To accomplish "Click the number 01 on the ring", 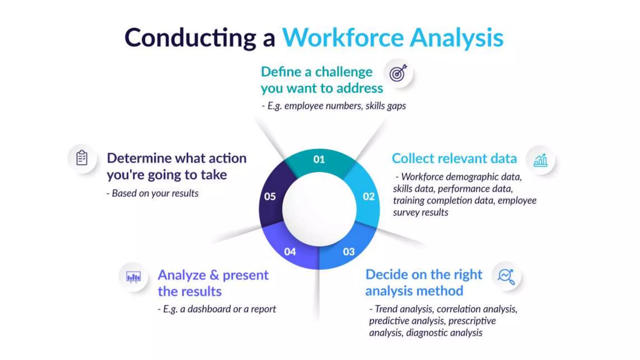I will [319, 159].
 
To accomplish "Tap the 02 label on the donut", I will [369, 196].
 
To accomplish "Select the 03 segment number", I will [349, 252].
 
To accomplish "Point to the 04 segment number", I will [290, 252].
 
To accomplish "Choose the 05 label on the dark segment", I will [270, 196].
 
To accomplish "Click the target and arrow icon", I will [398, 73].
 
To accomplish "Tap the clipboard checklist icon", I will [82, 158].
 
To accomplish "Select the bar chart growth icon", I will [540, 160].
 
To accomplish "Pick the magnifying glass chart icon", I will [506, 276].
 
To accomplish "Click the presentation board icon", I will [133, 277].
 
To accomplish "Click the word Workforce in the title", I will [343, 38].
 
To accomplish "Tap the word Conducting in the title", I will [190, 38].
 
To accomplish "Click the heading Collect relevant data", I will [454, 158].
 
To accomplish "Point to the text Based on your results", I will [155, 193].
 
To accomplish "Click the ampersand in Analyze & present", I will [214, 275].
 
